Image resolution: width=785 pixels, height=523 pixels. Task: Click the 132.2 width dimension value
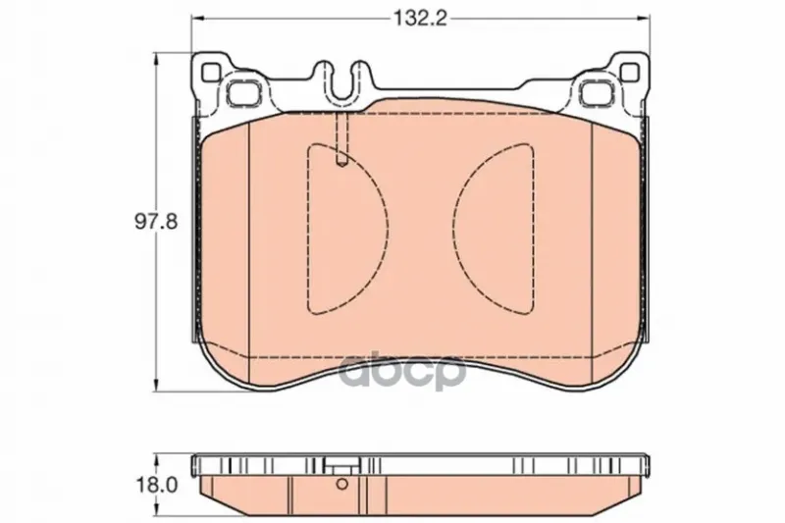tap(420, 19)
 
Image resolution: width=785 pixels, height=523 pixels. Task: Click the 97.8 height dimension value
tap(156, 221)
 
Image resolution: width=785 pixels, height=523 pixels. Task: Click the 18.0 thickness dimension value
tap(156, 485)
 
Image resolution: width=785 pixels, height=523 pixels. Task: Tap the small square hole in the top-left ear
tap(210, 73)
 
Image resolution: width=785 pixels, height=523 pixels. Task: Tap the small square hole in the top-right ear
tap(630, 73)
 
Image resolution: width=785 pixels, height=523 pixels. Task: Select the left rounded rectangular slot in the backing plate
tap(243, 92)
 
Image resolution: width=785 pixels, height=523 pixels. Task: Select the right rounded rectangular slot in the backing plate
tap(597, 92)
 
